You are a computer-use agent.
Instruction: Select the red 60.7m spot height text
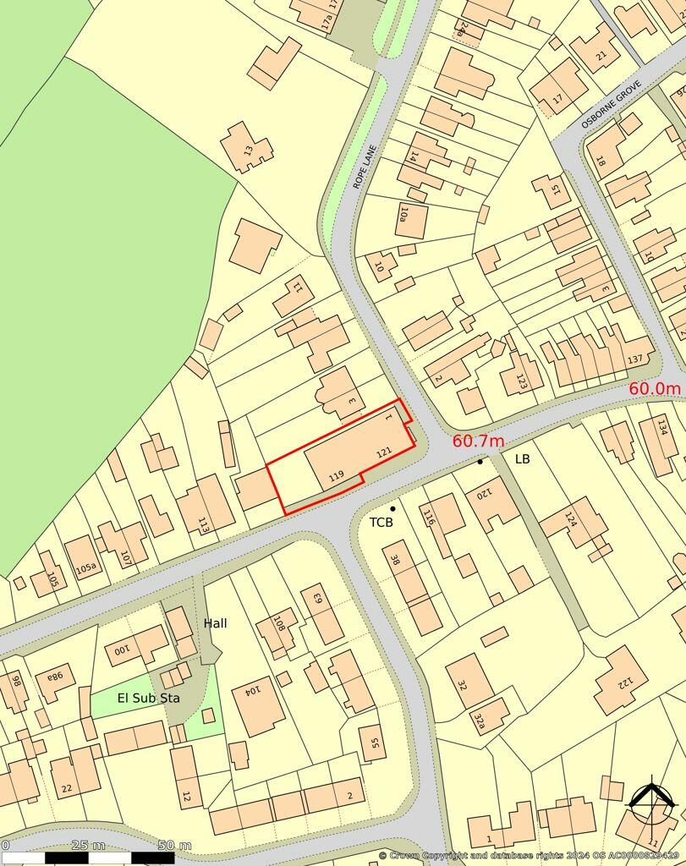(x=478, y=441)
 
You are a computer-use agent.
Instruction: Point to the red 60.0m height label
(x=654, y=388)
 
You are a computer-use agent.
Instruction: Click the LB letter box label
(x=523, y=458)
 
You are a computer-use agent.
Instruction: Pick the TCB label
(x=381, y=523)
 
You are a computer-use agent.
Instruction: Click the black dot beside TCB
(x=392, y=508)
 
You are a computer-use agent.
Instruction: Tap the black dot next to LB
(x=480, y=462)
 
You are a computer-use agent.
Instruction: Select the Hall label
(x=215, y=623)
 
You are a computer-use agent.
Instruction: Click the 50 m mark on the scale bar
(x=173, y=846)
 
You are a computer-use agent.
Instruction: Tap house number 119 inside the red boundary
(x=336, y=477)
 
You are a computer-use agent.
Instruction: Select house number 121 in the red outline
(x=383, y=454)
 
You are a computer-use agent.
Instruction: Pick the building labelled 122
(x=623, y=680)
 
